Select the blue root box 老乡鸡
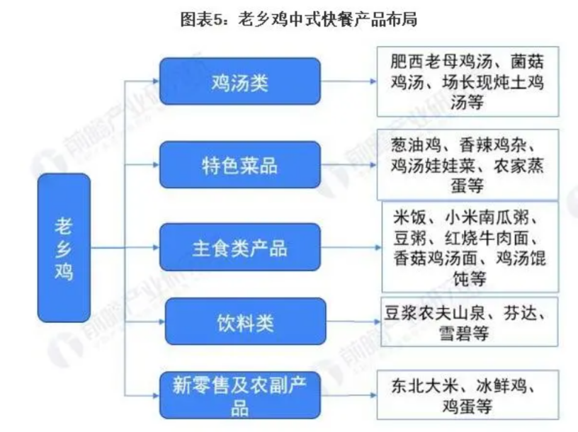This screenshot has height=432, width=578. pyautogui.click(x=64, y=249)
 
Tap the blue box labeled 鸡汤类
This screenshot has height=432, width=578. pyautogui.click(x=239, y=82)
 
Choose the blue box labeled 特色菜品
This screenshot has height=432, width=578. pyautogui.click(x=239, y=165)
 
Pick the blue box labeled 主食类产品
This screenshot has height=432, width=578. pyautogui.click(x=239, y=248)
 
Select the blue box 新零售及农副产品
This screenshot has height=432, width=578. pyautogui.click(x=239, y=395)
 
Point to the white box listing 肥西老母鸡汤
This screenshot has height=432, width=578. pyautogui.click(x=467, y=81)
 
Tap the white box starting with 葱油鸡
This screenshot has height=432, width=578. pyautogui.click(x=467, y=165)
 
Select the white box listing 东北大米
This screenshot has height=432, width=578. pyautogui.click(x=467, y=396)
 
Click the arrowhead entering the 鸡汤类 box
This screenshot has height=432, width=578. pyautogui.click(x=154, y=81)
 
